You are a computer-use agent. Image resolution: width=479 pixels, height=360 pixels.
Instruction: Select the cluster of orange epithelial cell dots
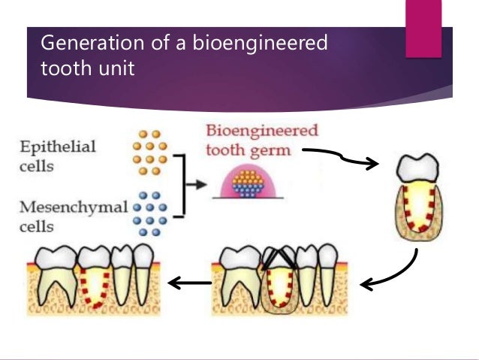point(150,153)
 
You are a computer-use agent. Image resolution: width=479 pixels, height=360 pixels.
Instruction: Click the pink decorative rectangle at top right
point(423,28)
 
